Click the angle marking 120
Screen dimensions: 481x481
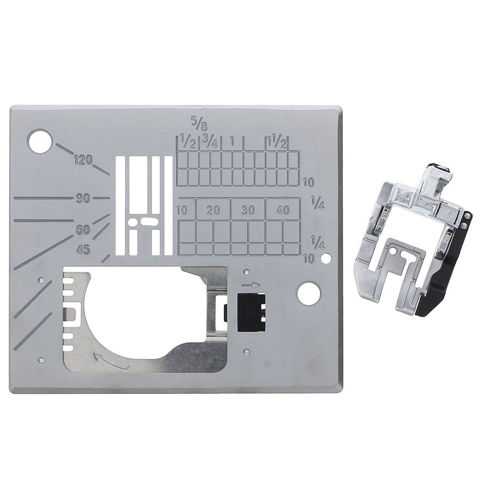tap(83, 160)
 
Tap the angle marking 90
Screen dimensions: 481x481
tap(83, 199)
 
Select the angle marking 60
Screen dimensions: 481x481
tap(83, 229)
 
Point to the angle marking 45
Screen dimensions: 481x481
tap(83, 250)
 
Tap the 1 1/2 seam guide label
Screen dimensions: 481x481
tap(277, 141)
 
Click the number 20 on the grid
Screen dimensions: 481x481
tap(213, 210)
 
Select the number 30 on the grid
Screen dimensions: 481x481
tap(248, 210)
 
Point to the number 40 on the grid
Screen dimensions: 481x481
tap(282, 210)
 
